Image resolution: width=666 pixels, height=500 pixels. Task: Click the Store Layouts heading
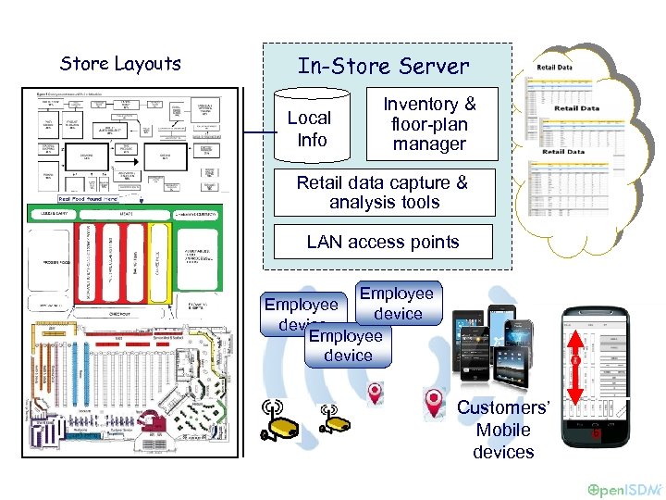(x=120, y=64)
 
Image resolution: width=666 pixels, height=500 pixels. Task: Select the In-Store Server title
(x=383, y=67)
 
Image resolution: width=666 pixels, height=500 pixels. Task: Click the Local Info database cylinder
(x=309, y=129)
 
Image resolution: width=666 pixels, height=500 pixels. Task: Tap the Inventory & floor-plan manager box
(x=429, y=124)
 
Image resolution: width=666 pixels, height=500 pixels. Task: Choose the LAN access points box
(x=383, y=243)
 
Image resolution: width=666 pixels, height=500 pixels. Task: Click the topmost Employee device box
(x=397, y=304)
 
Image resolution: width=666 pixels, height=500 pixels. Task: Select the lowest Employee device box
(x=348, y=345)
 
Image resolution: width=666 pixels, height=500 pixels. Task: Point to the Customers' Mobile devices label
(x=503, y=430)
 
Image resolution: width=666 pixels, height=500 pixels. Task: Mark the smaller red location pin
(x=375, y=394)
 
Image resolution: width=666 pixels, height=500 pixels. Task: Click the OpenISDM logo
(x=624, y=488)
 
